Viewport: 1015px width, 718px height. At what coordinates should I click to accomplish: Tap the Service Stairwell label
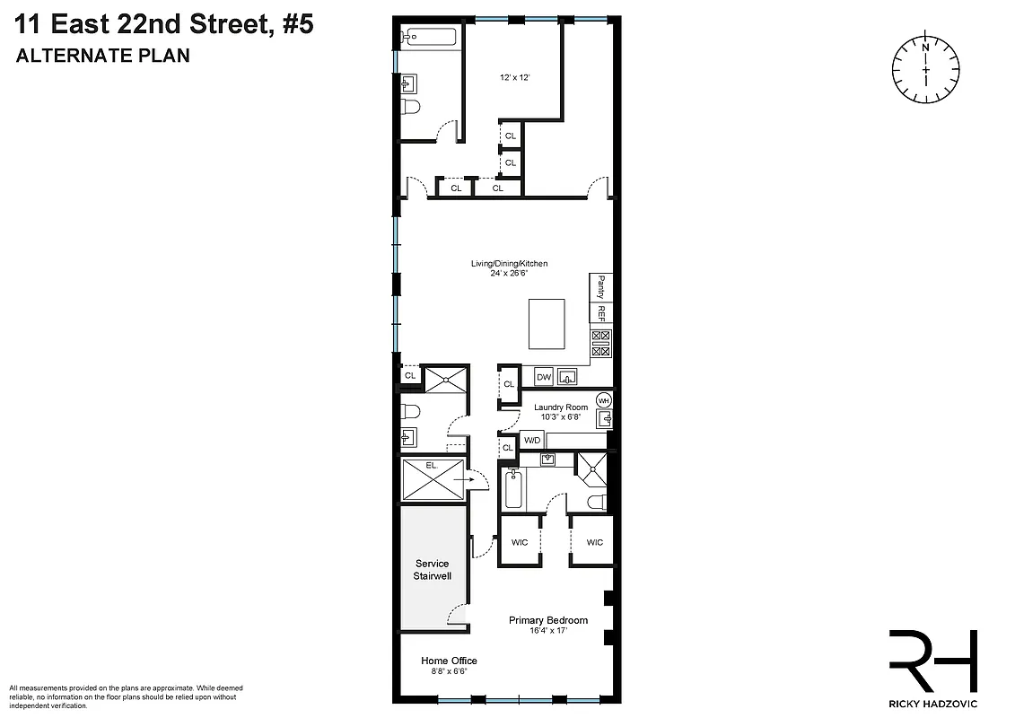point(432,569)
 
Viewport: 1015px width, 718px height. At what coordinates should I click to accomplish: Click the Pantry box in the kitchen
point(601,287)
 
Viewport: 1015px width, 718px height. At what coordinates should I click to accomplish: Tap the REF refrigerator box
point(601,313)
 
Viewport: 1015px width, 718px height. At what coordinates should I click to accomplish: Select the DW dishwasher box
point(544,377)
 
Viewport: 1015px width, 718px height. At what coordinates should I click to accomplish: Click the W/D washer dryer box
point(532,441)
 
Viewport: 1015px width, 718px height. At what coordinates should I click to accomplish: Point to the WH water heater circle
point(604,400)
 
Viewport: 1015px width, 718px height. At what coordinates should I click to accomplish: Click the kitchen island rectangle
point(547,325)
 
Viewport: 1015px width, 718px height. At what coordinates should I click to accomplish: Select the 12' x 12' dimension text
point(515,78)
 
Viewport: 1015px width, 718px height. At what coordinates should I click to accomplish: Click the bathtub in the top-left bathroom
point(430,38)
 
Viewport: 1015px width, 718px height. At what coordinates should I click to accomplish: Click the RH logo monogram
point(932,661)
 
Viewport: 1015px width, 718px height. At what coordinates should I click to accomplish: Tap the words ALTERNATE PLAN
point(103,56)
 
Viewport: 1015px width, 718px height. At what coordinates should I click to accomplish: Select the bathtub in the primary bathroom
point(513,490)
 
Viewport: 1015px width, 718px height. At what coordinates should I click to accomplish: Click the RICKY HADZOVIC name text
point(932,703)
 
